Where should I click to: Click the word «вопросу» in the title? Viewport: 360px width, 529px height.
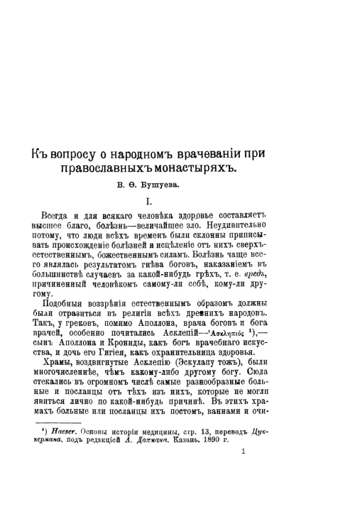click(x=80, y=154)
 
